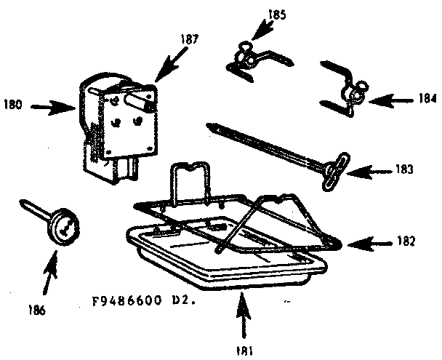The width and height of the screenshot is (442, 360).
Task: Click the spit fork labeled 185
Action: [x=247, y=57]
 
